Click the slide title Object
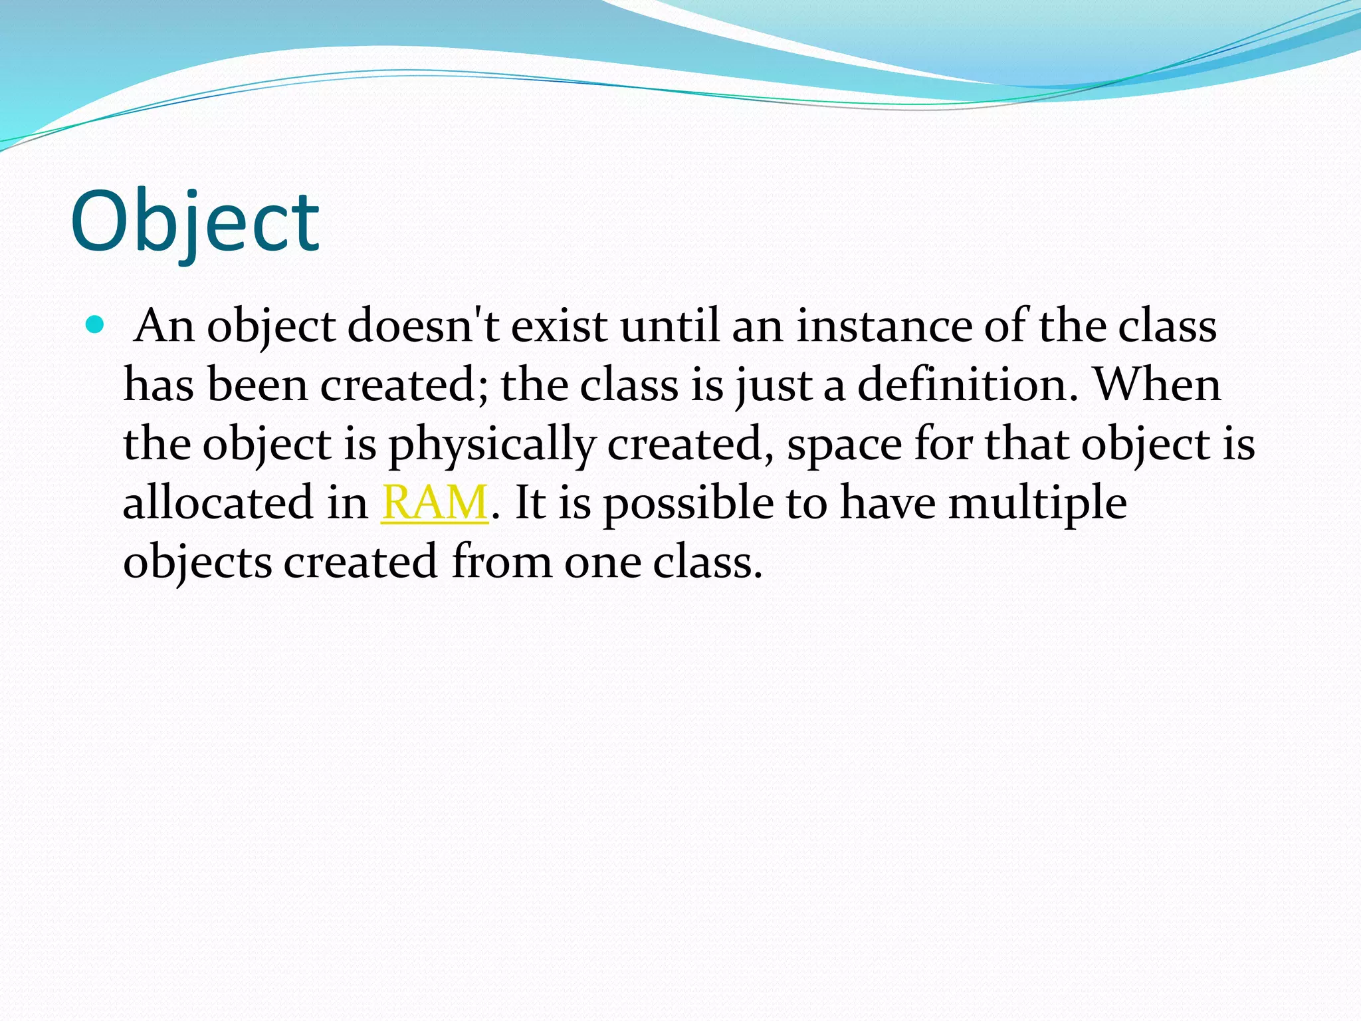(195, 223)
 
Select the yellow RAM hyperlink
(435, 503)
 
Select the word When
(1157, 385)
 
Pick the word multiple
(1037, 504)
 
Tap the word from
(502, 562)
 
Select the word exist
(559, 326)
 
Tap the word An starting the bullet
(163, 326)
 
